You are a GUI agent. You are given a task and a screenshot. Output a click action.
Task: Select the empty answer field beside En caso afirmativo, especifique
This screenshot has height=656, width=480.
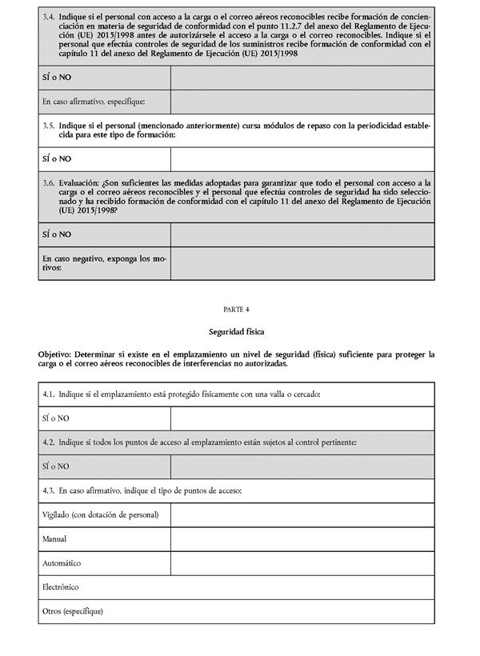302,102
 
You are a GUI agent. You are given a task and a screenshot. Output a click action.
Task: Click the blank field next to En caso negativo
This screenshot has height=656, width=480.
302,263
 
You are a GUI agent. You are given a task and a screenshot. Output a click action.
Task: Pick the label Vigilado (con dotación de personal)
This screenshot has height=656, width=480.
100,514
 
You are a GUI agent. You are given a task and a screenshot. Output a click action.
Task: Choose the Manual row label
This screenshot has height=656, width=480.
54,539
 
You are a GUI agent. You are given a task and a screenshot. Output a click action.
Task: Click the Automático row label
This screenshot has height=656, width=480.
61,563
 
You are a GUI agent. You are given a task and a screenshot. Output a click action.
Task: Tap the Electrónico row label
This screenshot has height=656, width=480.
61,587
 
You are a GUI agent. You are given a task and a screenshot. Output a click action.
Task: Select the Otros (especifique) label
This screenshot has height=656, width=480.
73,612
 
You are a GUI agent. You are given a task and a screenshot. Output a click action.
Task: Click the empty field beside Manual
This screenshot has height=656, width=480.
302,539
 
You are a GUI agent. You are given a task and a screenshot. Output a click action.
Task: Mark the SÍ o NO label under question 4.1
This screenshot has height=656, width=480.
56,418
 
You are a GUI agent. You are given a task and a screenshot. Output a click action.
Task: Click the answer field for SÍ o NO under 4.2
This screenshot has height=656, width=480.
302,466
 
